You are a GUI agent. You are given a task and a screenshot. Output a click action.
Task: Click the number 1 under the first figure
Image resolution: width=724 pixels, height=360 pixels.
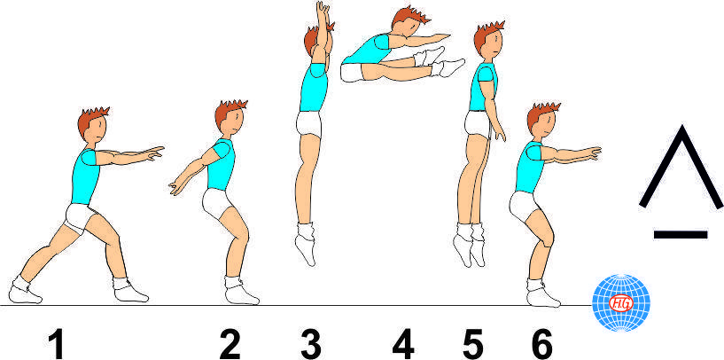58,342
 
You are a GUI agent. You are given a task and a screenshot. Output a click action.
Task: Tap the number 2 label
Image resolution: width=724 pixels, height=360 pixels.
230,342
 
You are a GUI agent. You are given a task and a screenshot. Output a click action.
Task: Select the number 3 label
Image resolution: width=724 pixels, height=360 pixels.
310,342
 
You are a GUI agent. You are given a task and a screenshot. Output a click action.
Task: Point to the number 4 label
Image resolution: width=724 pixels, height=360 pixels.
403,342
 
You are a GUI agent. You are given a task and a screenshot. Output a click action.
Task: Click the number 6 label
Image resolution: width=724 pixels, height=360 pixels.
541,342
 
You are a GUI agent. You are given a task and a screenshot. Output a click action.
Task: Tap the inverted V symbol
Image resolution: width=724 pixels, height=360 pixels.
680,168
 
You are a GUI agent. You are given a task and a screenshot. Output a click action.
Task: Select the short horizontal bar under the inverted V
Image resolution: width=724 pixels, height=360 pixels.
680,234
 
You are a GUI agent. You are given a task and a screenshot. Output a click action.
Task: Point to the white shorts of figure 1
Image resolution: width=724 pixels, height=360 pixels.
82,216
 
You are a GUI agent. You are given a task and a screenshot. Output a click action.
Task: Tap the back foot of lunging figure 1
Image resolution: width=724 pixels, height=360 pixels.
24,290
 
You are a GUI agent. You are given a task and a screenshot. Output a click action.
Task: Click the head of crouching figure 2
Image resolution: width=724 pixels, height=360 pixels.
230,119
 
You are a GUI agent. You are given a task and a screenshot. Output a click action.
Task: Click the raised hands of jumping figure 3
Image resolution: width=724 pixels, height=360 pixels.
323,11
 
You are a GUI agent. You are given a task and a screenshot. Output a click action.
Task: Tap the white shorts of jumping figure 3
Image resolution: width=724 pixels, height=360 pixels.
310,125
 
